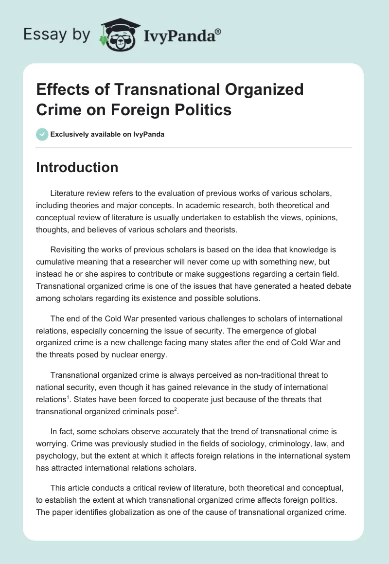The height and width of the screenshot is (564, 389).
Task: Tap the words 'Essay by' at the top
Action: click(x=57, y=34)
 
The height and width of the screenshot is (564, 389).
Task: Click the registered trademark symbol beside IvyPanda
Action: click(x=218, y=32)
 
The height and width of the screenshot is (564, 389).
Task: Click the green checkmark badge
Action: click(x=42, y=134)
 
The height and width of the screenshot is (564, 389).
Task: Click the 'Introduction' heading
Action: click(x=77, y=167)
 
